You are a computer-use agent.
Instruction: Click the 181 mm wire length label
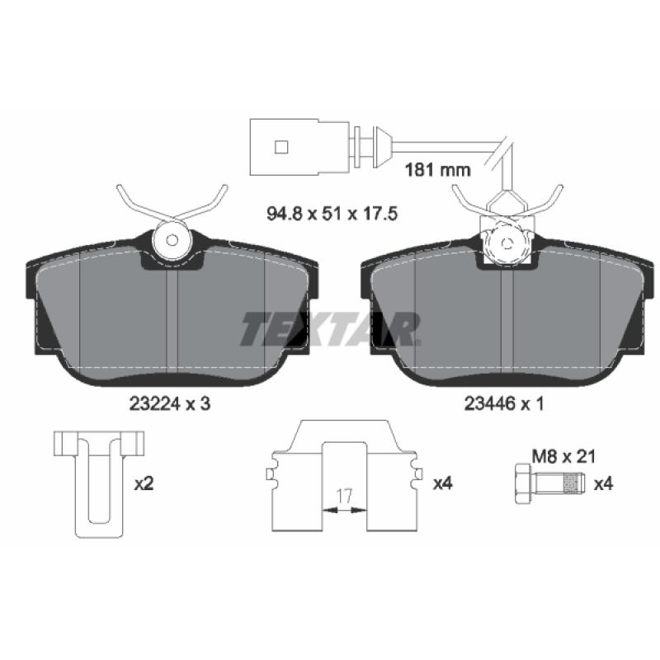(x=437, y=170)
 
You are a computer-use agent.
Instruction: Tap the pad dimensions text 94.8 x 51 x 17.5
(x=332, y=214)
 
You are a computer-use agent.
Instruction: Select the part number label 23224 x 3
(x=170, y=404)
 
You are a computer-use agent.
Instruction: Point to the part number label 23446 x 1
(x=504, y=404)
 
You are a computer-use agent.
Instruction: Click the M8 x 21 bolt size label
(x=563, y=456)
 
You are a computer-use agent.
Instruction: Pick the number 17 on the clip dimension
(x=344, y=497)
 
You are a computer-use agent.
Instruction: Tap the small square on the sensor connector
(x=281, y=147)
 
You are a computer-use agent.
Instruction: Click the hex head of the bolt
(x=524, y=483)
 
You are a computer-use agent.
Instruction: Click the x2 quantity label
(x=144, y=484)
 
